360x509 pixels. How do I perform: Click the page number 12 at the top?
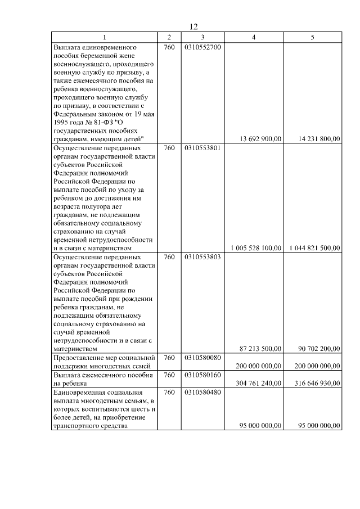click(x=194, y=26)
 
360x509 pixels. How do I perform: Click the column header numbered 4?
click(x=253, y=37)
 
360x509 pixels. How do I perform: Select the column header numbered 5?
click(x=313, y=37)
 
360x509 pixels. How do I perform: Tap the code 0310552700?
click(x=202, y=47)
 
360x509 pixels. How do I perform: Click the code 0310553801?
click(x=202, y=148)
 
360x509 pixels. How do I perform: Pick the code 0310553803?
click(x=202, y=256)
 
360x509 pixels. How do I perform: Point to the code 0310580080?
click(x=202, y=358)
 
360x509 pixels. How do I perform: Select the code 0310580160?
click(x=202, y=375)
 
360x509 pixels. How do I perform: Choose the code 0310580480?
click(x=202, y=391)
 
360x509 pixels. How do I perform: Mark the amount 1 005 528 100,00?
click(x=256, y=248)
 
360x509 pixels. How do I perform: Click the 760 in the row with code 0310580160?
click(x=169, y=375)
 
